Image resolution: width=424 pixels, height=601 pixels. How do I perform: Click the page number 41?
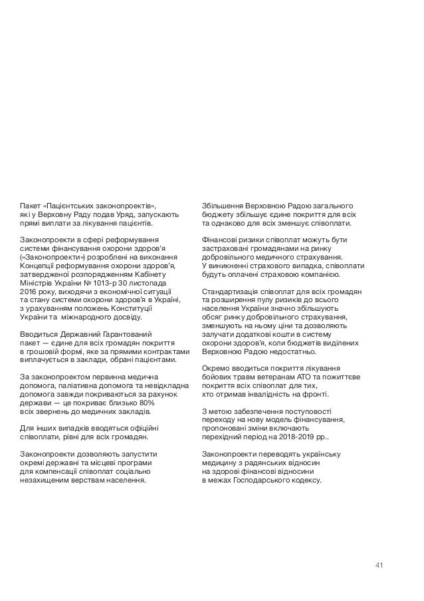coord(379,565)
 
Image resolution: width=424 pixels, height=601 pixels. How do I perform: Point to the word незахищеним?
coord(44,479)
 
